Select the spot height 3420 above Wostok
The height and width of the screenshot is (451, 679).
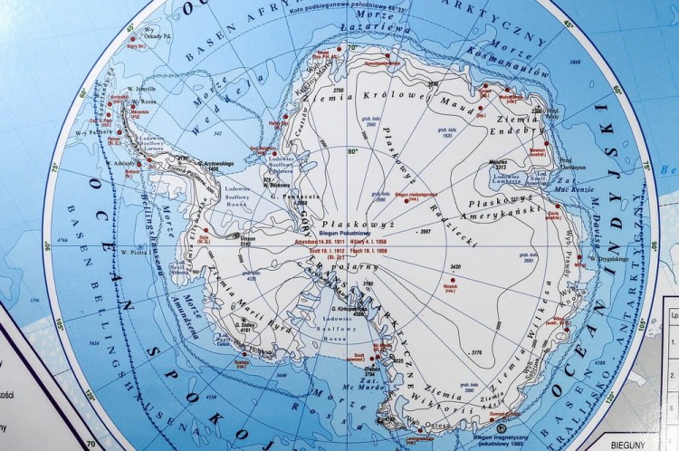click(455, 267)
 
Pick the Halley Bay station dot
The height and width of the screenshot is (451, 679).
click(272, 119)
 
